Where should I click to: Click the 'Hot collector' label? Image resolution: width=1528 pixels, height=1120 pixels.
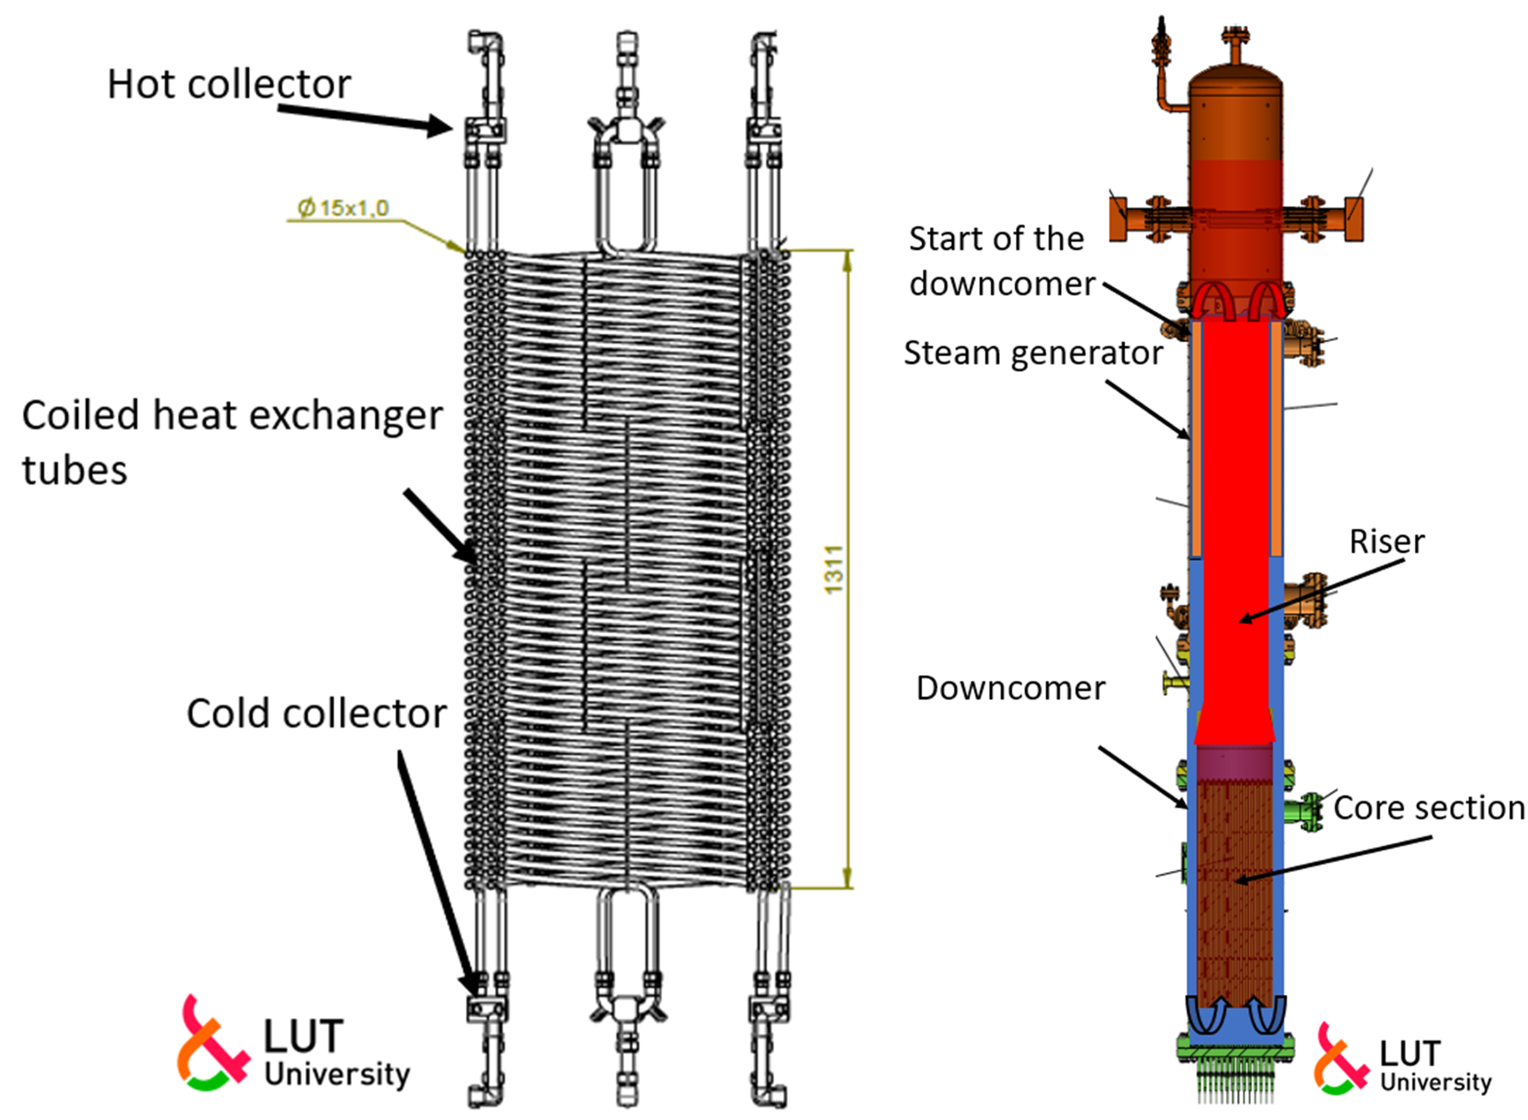[x=229, y=84]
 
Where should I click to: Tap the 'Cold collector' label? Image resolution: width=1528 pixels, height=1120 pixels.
[x=316, y=714]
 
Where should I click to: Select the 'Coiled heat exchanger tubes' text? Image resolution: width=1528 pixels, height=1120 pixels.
[x=231, y=441]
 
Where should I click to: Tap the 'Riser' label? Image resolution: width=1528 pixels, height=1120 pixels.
[x=1386, y=542]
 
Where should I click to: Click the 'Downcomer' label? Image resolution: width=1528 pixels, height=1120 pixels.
[x=1010, y=688]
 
